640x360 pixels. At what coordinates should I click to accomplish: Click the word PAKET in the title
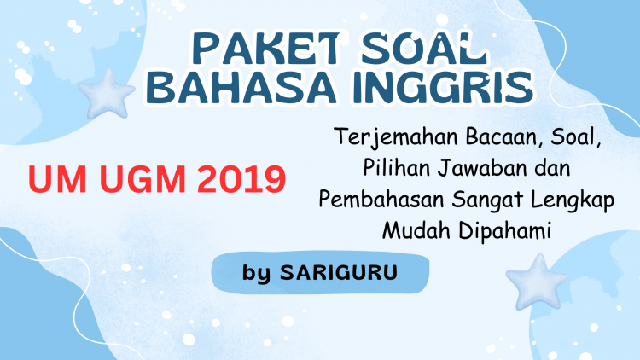(x=265, y=49)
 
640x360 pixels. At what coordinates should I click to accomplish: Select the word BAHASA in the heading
(x=241, y=87)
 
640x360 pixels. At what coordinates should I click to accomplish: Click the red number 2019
(x=241, y=179)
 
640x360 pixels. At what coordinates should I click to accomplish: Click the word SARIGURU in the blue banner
(x=339, y=272)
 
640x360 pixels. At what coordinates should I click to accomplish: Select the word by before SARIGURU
(x=256, y=273)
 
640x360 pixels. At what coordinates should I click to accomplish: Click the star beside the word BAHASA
(x=107, y=95)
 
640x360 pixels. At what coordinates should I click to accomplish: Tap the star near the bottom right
(x=537, y=282)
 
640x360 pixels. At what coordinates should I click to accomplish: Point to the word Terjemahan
(x=396, y=137)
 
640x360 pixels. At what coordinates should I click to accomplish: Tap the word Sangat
(x=487, y=200)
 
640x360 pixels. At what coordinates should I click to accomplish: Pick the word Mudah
(x=416, y=230)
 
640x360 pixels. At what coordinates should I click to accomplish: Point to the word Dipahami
(x=505, y=231)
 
